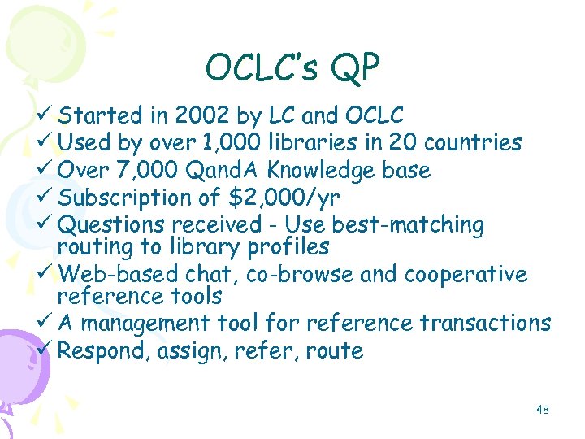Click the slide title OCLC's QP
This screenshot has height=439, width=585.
coord(292,69)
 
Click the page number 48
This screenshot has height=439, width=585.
coord(543,410)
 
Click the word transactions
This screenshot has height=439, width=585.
coord(485,324)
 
